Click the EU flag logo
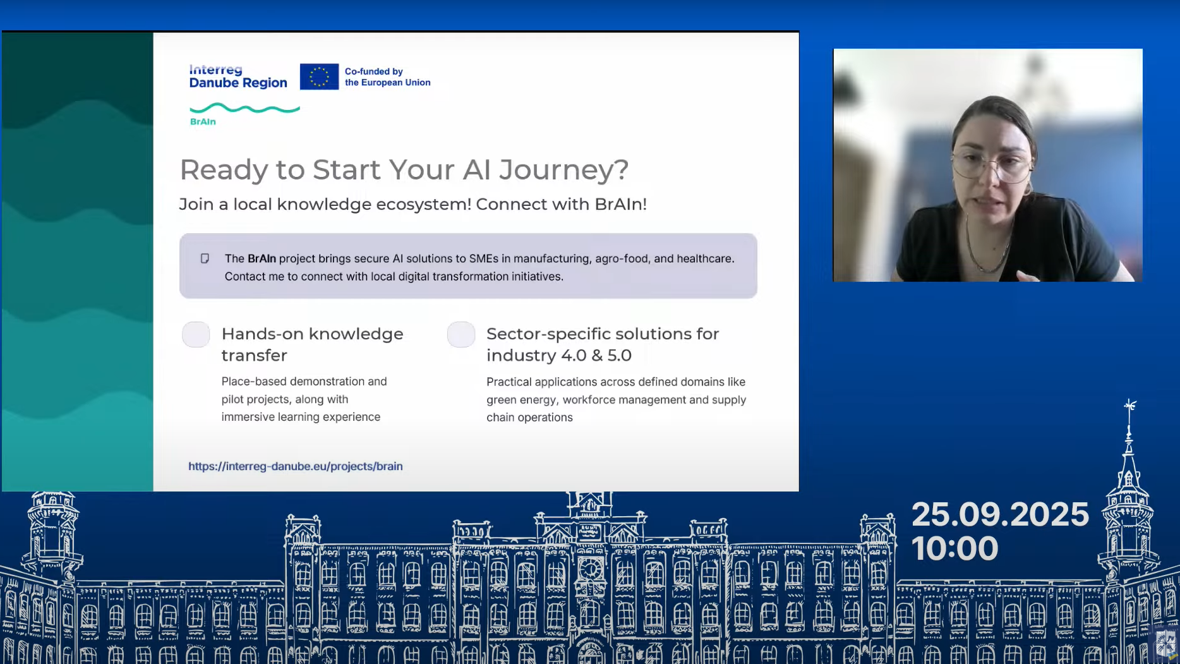pos(319,76)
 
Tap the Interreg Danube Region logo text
pos(238,76)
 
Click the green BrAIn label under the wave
pos(203,121)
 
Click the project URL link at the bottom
pos(295,466)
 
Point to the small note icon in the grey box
pos(205,258)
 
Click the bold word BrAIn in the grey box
pos(262,258)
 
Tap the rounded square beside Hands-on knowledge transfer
pos(196,334)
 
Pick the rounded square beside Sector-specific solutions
pos(461,334)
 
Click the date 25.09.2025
pos(1000,514)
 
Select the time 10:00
pos(954,548)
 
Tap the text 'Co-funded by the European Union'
pos(387,76)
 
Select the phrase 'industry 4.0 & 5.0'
pos(559,355)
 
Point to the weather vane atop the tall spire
pos(1129,405)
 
